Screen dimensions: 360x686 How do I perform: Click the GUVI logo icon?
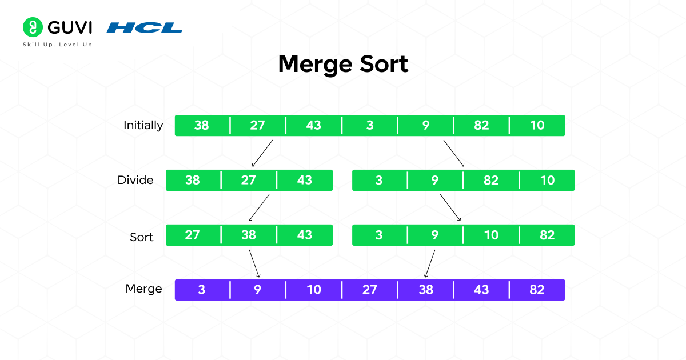(x=33, y=27)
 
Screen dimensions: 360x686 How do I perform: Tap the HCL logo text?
(x=145, y=27)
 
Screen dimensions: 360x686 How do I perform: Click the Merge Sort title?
(x=343, y=64)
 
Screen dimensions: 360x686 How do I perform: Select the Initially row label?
(x=143, y=125)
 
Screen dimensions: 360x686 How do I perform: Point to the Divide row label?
(x=135, y=180)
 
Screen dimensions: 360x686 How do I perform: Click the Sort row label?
(x=141, y=237)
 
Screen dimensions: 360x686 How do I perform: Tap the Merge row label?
(x=143, y=289)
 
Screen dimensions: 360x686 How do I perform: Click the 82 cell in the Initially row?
(x=481, y=125)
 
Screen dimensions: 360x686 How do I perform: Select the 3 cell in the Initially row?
(x=370, y=125)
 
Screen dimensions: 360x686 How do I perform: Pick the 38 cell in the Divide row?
(x=193, y=180)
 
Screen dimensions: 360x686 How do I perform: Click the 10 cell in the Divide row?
(x=547, y=180)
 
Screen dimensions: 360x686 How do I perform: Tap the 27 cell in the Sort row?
(x=193, y=235)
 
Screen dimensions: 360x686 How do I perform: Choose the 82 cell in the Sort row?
(x=547, y=235)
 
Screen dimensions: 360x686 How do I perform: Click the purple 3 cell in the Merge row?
(x=202, y=290)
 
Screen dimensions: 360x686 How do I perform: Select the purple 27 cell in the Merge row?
(x=370, y=290)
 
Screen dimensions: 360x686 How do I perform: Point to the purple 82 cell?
(x=537, y=290)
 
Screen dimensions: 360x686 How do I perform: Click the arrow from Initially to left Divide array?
(x=261, y=153)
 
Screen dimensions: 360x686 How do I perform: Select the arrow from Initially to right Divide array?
(x=454, y=153)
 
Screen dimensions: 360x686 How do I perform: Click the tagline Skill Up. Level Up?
(x=57, y=44)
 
